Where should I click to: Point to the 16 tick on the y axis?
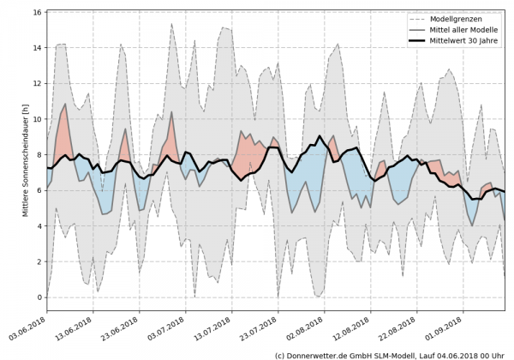pyautogui.click(x=37, y=13)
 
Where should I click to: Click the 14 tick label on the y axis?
pyautogui.click(x=37, y=48)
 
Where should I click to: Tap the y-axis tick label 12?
pyautogui.click(x=37, y=84)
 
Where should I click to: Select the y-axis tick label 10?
pyautogui.click(x=37, y=119)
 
